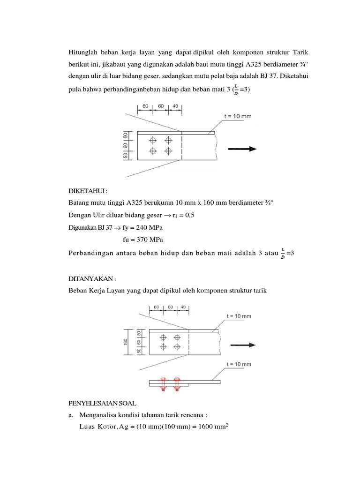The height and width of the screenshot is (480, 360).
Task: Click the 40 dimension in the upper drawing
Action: tap(175, 106)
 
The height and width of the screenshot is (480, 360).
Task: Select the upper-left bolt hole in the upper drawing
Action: tap(152, 140)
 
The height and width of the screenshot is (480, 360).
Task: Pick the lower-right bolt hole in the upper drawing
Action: tap(168, 151)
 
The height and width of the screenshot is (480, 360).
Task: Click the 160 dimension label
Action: tap(126, 342)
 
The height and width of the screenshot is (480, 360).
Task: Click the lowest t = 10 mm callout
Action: tap(239, 364)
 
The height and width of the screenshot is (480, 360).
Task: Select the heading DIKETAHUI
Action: tap(88, 191)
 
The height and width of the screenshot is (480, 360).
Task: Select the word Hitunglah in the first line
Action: tap(82, 51)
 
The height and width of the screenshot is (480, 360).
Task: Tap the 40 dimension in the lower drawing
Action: tap(183, 307)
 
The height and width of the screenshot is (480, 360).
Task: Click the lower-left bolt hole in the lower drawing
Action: tap(163, 347)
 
